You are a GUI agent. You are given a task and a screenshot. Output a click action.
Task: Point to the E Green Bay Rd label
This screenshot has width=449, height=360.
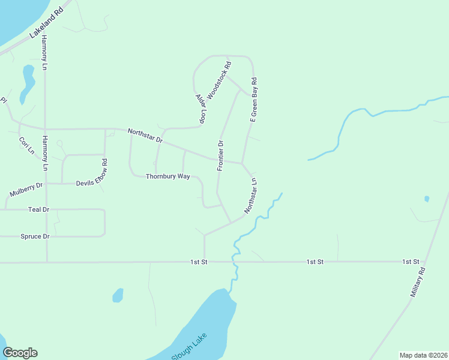[x=254, y=100]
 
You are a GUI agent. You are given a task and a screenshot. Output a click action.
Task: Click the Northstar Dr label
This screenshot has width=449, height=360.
[x=145, y=135]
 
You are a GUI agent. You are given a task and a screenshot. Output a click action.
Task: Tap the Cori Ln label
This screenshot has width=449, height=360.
[x=25, y=146]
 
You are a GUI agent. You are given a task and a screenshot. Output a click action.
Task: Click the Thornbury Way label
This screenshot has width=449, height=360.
[x=168, y=176]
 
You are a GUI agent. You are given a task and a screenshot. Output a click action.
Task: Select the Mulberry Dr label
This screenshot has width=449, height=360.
[x=26, y=190]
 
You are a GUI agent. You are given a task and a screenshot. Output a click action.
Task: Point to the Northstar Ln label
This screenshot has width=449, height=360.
[x=251, y=196]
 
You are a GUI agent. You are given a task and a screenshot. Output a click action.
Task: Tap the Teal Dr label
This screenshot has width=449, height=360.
[x=38, y=209]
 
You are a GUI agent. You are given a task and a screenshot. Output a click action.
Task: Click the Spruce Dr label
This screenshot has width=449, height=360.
[x=35, y=236]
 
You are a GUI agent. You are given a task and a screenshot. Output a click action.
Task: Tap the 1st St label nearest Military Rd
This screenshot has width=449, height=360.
[x=411, y=262]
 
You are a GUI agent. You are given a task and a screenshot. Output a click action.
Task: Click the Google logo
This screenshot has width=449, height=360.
[x=20, y=353]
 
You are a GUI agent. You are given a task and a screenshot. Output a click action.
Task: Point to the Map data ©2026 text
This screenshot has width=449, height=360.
[x=423, y=355]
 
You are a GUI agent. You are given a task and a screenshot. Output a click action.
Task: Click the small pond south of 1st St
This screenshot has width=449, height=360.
[x=118, y=295]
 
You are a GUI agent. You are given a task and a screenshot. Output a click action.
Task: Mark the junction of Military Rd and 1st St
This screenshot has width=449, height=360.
[x=424, y=262]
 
